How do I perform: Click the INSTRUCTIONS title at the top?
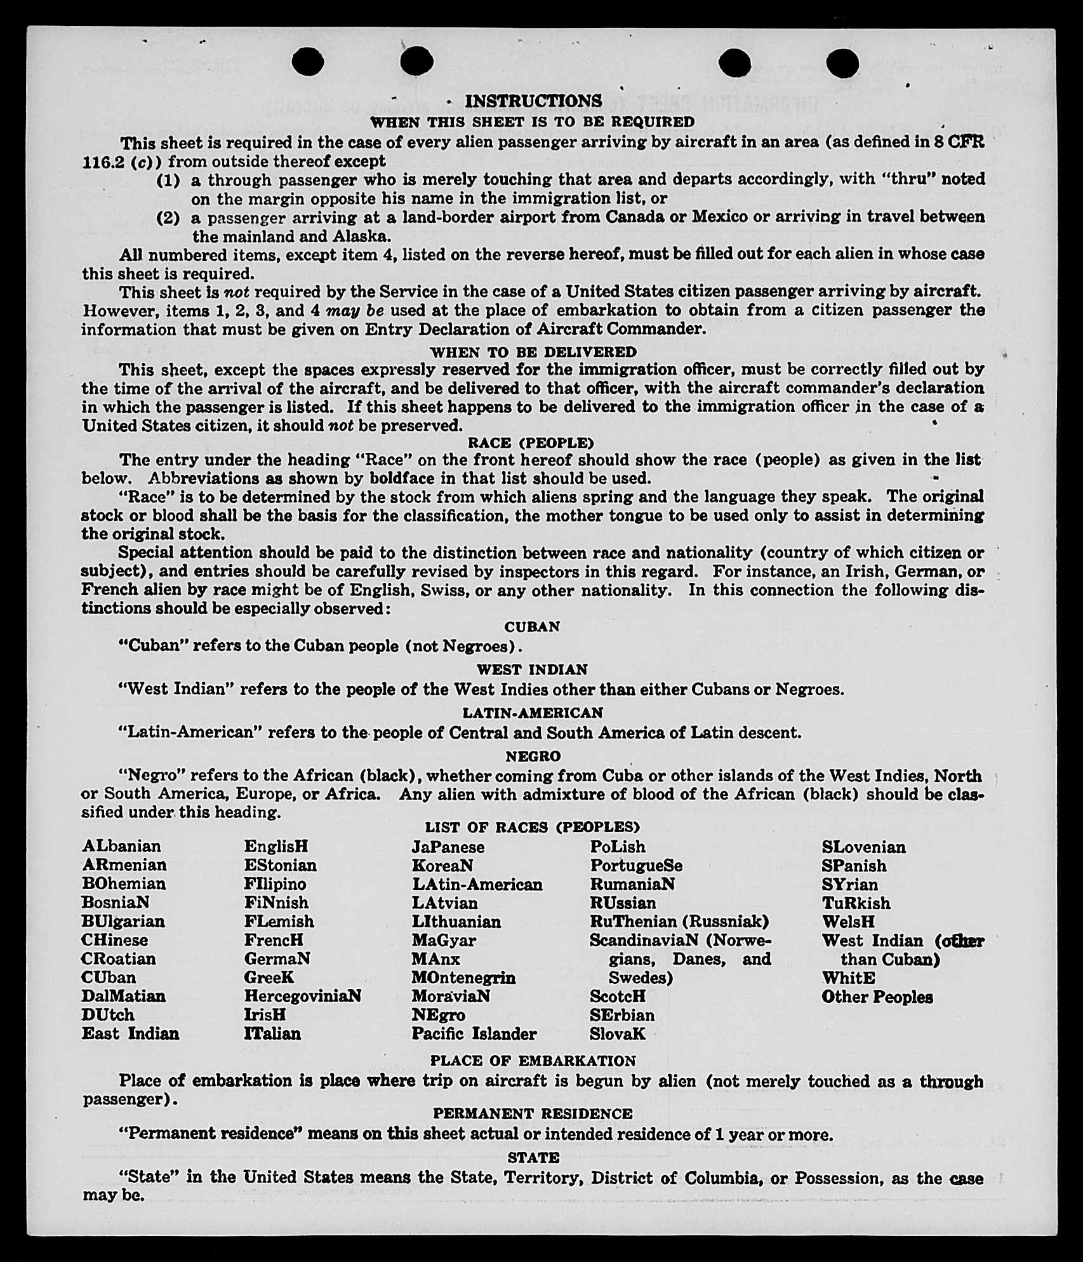[x=533, y=101]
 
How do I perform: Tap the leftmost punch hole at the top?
[x=309, y=62]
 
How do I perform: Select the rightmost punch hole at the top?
[x=843, y=63]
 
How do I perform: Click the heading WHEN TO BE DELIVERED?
[x=533, y=352]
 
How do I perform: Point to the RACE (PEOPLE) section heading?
[x=531, y=443]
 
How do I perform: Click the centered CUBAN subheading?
[x=532, y=627]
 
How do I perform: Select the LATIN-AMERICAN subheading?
[x=532, y=713]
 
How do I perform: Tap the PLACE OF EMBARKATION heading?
[x=533, y=1061]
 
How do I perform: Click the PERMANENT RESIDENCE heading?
[x=533, y=1113]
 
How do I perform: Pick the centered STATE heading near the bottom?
[x=533, y=1157]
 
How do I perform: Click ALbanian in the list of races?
[x=121, y=847]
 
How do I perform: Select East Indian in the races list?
[x=130, y=1033]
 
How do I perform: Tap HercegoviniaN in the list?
[x=303, y=996]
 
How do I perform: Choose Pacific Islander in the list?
[x=474, y=1033]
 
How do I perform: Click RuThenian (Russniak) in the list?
[x=679, y=921]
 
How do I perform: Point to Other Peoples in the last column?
[x=877, y=997]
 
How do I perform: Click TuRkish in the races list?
[x=856, y=903]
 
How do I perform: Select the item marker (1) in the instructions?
[x=168, y=180]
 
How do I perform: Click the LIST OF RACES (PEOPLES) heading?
[x=532, y=827]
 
